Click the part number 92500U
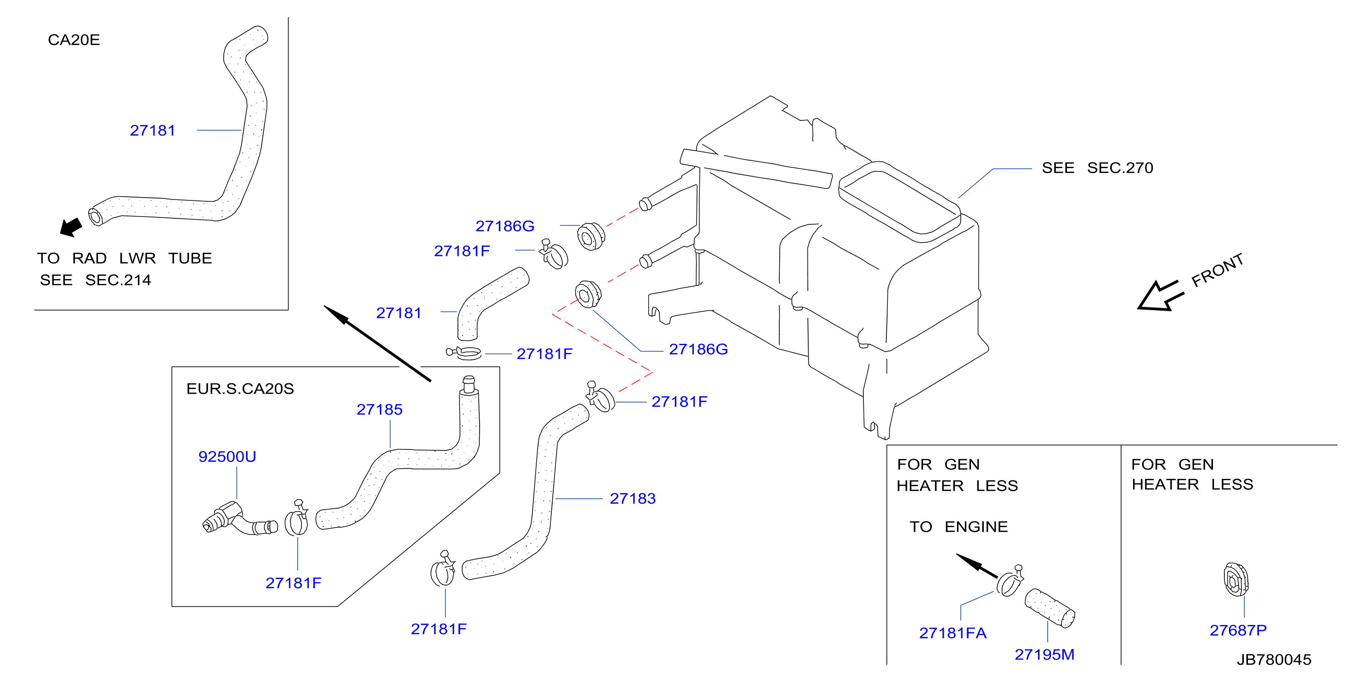tap(227, 457)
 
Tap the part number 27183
tap(632, 498)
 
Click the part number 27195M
tap(1044, 654)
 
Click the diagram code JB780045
tap(1274, 659)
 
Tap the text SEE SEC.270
tap(1097, 168)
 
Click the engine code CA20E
tap(74, 40)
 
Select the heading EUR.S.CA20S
tap(240, 388)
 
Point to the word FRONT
tap(1218, 270)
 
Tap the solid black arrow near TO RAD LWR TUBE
tap(71, 227)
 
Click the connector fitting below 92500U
tap(240, 518)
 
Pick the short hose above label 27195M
tap(1050, 608)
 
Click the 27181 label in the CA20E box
tap(153, 130)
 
